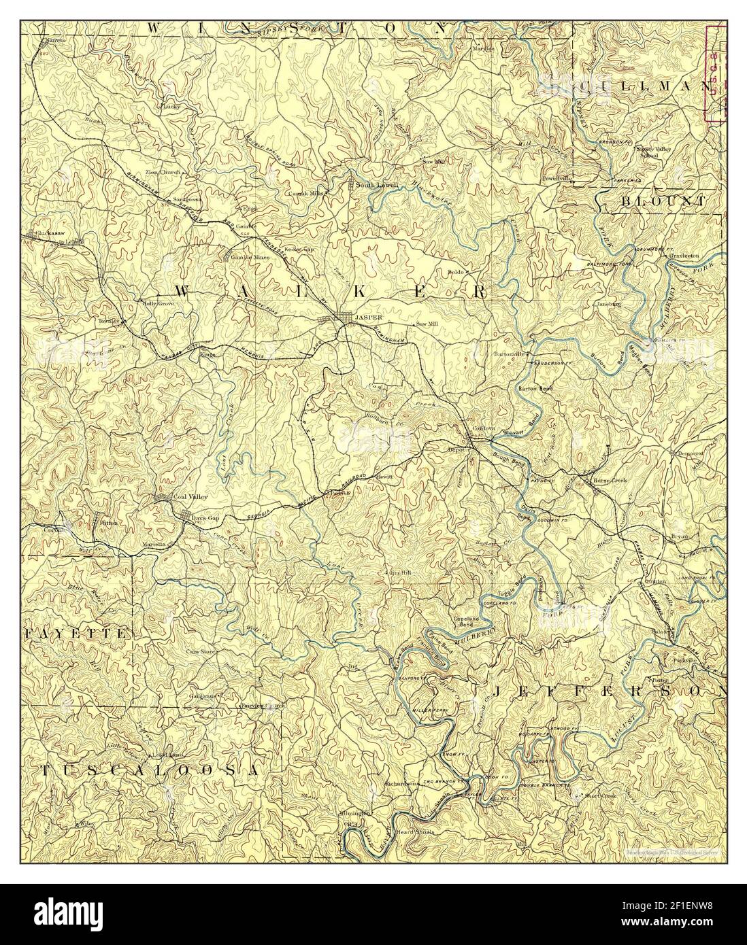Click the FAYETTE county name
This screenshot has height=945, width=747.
point(75,632)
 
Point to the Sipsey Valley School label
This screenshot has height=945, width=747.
point(652,150)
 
